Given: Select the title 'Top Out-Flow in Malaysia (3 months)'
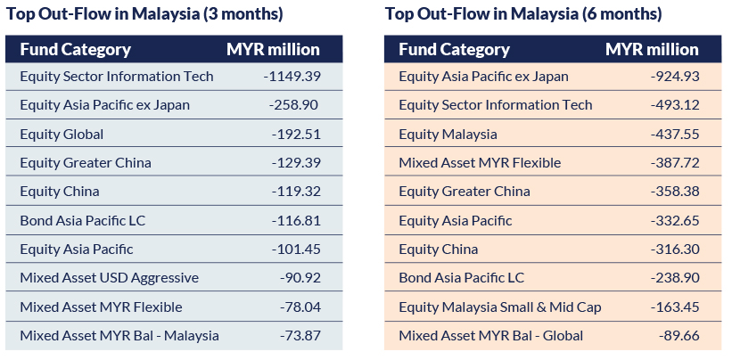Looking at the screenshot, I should tap(144, 14).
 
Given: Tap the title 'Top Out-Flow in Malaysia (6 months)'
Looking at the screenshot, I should tap(523, 14).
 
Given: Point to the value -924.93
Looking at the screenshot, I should tap(675, 77).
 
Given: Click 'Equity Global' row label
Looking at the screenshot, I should tap(62, 135).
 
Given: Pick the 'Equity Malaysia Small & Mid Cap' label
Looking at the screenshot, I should tap(500, 307).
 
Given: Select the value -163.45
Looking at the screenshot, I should tap(675, 307).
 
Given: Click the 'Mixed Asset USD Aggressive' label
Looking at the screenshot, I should tap(109, 278).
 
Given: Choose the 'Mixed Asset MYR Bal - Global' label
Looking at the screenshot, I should tap(490, 336).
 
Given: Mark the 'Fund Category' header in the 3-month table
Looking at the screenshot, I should tap(75, 49).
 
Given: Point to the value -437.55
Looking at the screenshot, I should tap(675, 135).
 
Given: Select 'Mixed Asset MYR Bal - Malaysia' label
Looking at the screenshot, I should tap(119, 336).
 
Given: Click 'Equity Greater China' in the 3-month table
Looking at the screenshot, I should tap(86, 163).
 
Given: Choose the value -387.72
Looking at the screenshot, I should tap(675, 163).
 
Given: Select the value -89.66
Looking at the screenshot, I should tap(679, 336).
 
